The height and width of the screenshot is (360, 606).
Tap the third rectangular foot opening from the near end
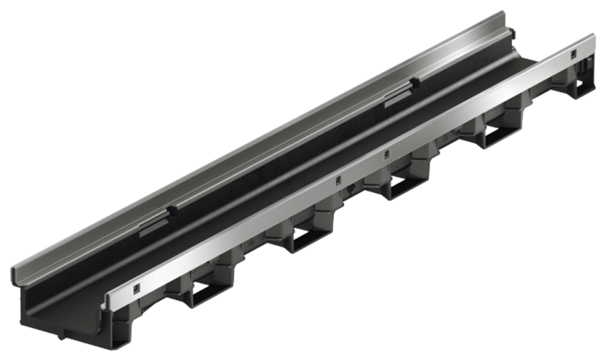(400, 189)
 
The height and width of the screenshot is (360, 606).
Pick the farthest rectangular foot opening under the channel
(494, 136)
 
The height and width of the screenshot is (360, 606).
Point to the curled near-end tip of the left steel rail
(16, 277)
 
